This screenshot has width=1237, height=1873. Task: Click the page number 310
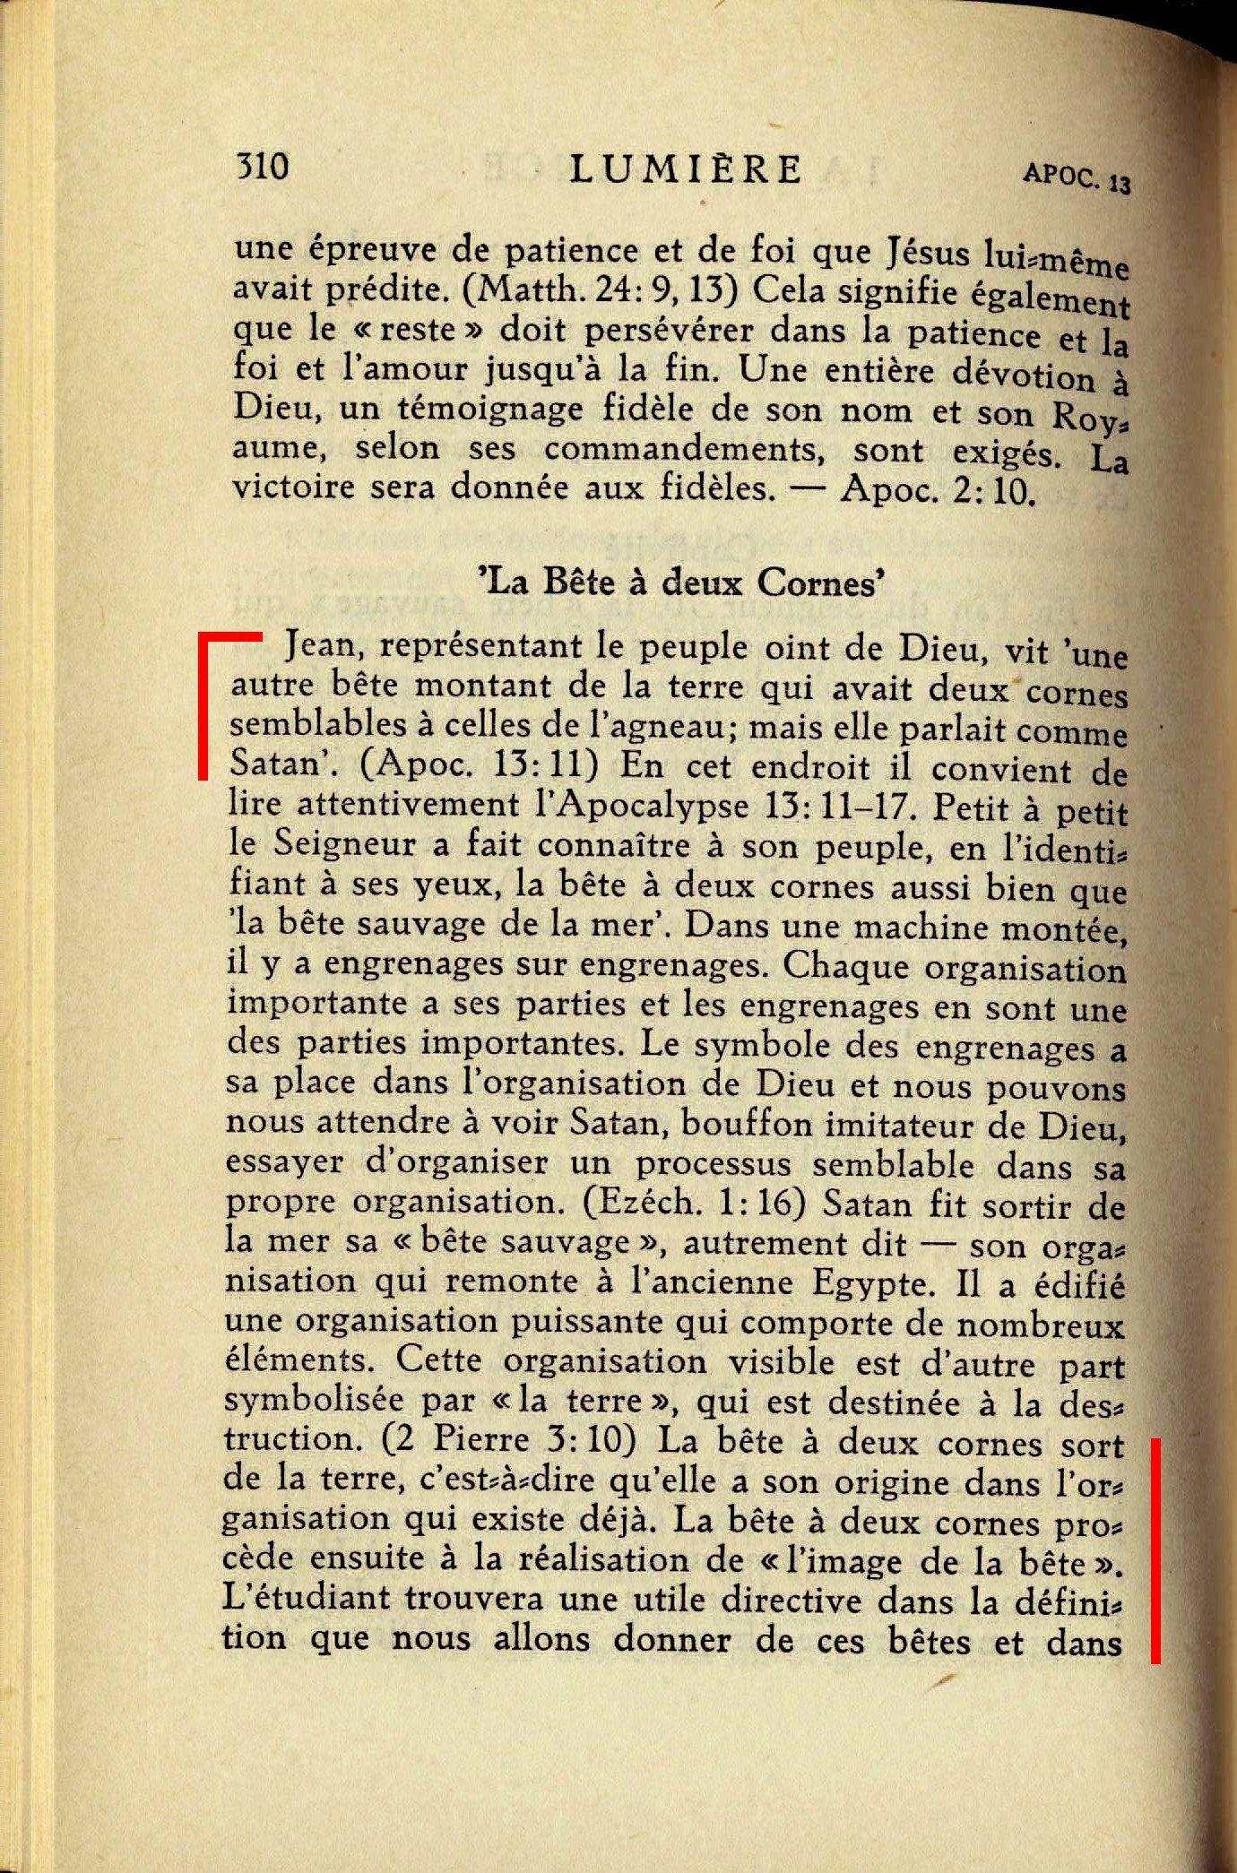pyautogui.click(x=262, y=167)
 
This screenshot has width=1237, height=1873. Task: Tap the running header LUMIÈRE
pyautogui.click(x=686, y=169)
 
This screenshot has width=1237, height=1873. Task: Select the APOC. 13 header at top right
pyautogui.click(x=1076, y=177)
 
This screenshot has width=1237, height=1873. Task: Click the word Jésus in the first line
pyautogui.click(x=928, y=254)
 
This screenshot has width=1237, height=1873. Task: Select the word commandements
pyautogui.click(x=684, y=448)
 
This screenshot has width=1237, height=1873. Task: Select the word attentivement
pyautogui.click(x=408, y=805)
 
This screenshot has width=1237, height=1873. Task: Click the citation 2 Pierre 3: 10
pyautogui.click(x=508, y=1440)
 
